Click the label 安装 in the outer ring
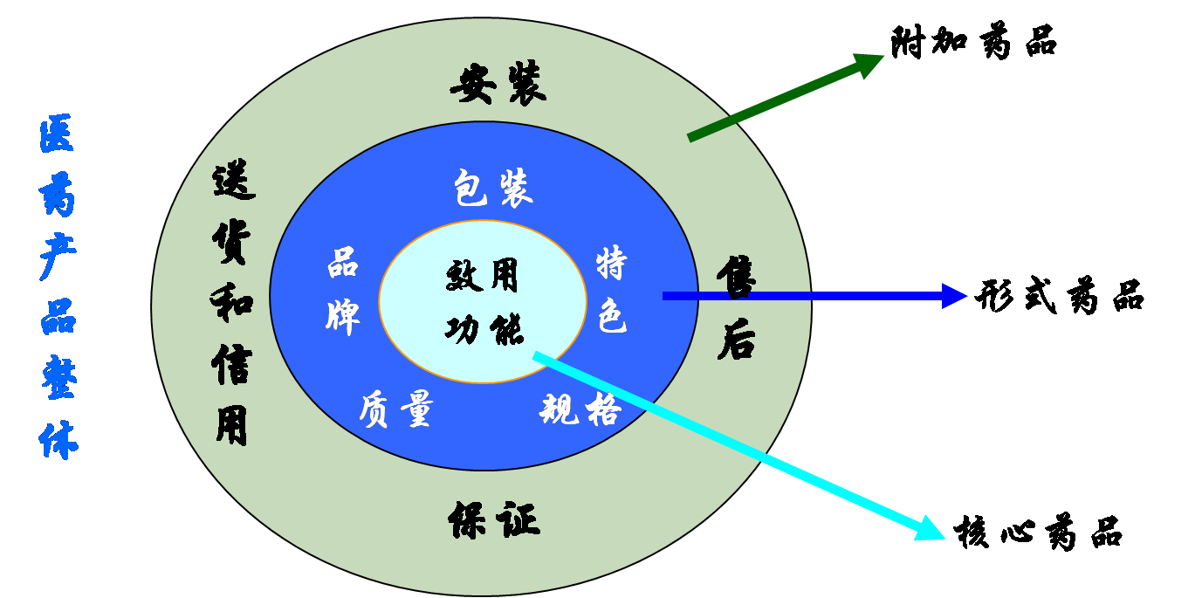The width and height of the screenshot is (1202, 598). (x=498, y=86)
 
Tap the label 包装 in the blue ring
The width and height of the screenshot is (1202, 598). (x=492, y=188)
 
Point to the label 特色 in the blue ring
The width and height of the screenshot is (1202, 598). (x=612, y=291)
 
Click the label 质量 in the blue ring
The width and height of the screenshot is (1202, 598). (x=395, y=409)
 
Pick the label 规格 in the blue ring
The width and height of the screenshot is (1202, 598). (x=580, y=409)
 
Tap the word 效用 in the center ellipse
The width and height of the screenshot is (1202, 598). (x=482, y=276)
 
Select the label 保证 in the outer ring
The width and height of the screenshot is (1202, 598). (x=494, y=520)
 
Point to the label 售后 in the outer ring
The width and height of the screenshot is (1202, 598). (x=736, y=307)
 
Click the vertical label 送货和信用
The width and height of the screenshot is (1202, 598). (x=232, y=306)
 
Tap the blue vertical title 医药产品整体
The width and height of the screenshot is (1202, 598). (x=58, y=288)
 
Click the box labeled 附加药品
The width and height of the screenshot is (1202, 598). (x=1001, y=42)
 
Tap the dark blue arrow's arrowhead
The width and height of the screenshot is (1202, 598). (x=955, y=296)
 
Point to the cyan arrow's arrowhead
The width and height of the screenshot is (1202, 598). (x=929, y=528)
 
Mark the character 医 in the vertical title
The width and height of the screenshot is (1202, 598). (x=57, y=135)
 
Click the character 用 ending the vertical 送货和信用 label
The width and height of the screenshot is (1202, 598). (x=232, y=425)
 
